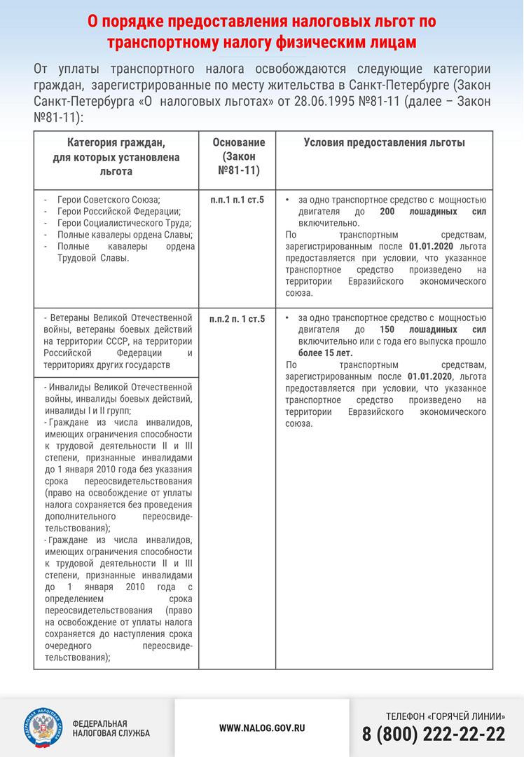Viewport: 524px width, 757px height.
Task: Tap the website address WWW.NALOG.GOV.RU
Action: click(x=262, y=728)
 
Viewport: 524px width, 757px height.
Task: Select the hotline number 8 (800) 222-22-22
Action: click(x=434, y=734)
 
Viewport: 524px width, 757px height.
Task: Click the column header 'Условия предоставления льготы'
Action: click(x=384, y=143)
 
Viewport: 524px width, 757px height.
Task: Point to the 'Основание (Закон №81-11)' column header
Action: click(x=237, y=156)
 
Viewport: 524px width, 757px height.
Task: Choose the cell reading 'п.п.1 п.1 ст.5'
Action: click(x=237, y=200)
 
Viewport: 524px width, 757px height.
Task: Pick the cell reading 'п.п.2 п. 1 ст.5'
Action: click(x=237, y=320)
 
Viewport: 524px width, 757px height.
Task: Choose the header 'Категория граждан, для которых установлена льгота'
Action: click(x=116, y=157)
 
